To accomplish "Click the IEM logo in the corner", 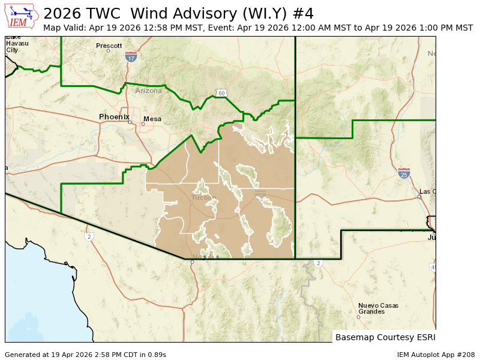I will click(x=22, y=16).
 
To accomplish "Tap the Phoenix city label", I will click(x=114, y=116).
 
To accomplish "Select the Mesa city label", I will click(x=152, y=119).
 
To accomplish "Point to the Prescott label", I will click(x=109, y=46).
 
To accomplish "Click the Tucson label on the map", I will click(x=202, y=197).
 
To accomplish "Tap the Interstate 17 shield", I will click(x=131, y=57).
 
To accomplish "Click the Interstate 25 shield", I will click(x=404, y=173).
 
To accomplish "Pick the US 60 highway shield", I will click(x=221, y=93).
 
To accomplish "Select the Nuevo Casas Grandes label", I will click(x=378, y=308).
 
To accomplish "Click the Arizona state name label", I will click(x=148, y=91).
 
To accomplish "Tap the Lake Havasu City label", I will click(x=13, y=44).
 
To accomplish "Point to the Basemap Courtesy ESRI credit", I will click(x=385, y=337).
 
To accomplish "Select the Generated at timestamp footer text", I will click(x=85, y=355).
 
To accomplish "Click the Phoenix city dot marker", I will click(x=130, y=122).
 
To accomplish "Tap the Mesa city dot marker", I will click(x=143, y=124).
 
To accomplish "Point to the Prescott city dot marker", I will click(x=109, y=50).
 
